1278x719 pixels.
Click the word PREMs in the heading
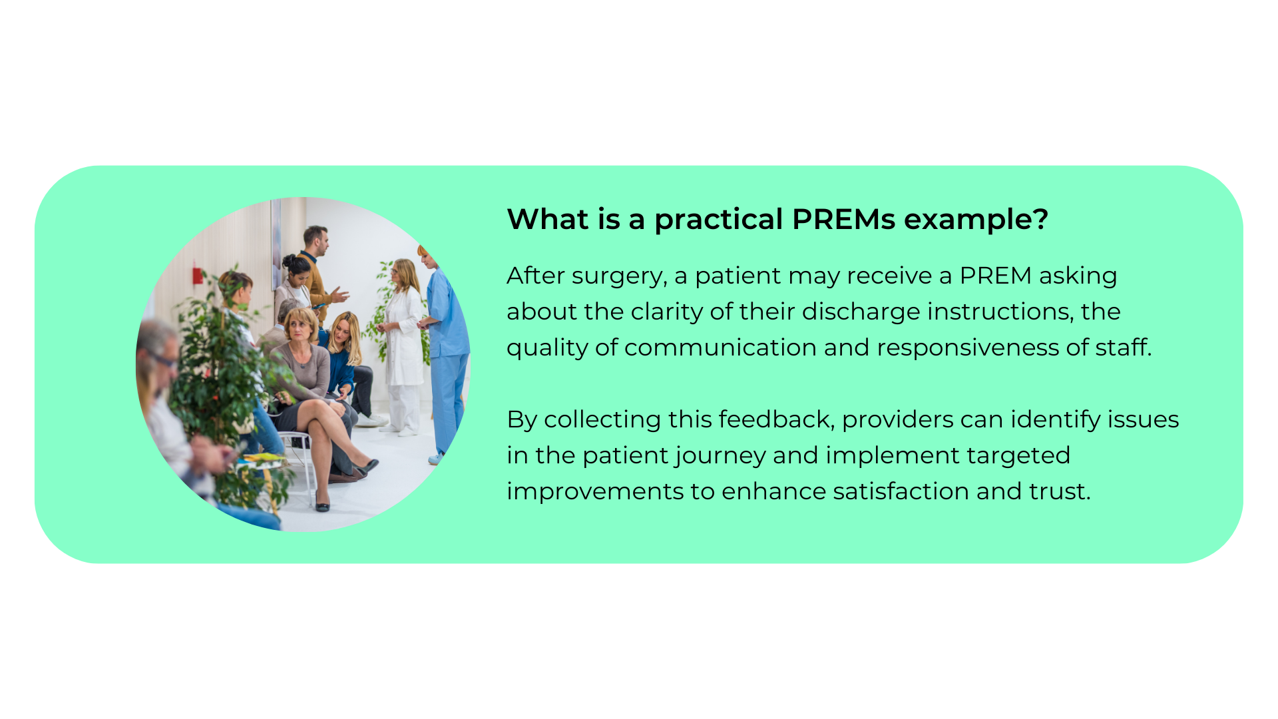click(x=843, y=219)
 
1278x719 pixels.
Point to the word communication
click(x=720, y=348)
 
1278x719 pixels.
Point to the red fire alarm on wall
click(x=198, y=275)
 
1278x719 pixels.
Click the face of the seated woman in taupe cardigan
click(x=300, y=326)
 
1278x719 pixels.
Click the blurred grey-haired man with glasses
click(x=160, y=353)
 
